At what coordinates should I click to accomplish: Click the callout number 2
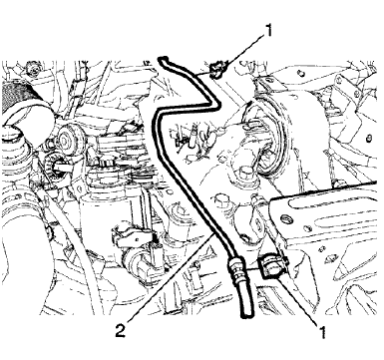[x=121, y=331]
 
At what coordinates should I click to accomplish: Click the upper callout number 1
[x=267, y=31]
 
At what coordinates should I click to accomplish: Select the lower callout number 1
[x=322, y=332]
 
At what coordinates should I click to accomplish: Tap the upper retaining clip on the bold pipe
[x=217, y=69]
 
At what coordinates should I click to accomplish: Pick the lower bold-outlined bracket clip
[x=272, y=264]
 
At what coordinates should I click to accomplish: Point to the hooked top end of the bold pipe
[x=164, y=61]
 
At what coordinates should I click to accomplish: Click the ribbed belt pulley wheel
[x=68, y=136]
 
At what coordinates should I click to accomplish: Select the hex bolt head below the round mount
[x=245, y=175]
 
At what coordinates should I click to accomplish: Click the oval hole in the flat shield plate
[x=286, y=218]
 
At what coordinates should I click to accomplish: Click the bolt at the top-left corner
[x=32, y=69]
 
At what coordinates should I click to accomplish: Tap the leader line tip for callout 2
[x=214, y=233]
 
